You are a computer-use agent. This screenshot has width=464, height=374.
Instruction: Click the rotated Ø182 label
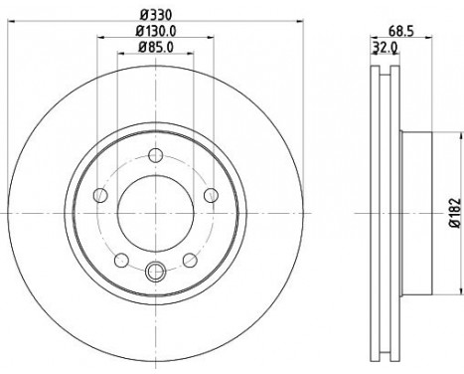tap(453, 213)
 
